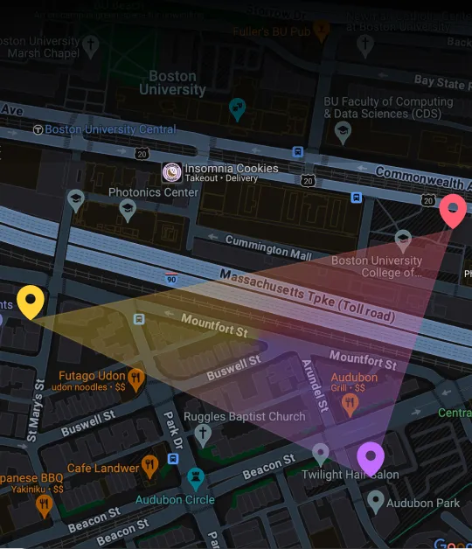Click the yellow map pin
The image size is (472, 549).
31,302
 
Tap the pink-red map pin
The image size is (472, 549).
452,210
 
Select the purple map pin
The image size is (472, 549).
371,457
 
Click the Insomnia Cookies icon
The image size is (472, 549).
172,172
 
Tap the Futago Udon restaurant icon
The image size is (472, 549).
136,379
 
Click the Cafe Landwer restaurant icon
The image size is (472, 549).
150,467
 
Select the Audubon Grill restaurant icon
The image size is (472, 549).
351,403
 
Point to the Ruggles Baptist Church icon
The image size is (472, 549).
203,434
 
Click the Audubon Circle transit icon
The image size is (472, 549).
196,479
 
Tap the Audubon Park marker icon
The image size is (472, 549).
375,501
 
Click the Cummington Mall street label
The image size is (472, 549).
268,247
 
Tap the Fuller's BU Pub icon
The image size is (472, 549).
322,32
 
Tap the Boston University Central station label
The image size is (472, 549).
110,129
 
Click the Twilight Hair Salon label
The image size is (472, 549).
350,475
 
